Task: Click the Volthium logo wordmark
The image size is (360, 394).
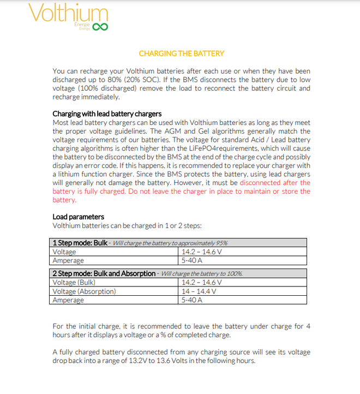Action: pyautogui.click(x=68, y=14)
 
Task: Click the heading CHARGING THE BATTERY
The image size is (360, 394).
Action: pyautogui.click(x=181, y=53)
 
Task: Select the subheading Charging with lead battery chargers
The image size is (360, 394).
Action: pyautogui.click(x=107, y=114)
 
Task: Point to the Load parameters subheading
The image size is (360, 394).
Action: pyautogui.click(x=78, y=217)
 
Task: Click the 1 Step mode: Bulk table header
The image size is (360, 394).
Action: pyautogui.click(x=80, y=243)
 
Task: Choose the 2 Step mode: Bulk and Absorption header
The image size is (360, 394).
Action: pyautogui.click(x=104, y=273)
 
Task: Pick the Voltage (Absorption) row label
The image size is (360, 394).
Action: pyautogui.click(x=85, y=291)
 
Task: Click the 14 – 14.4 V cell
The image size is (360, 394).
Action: pyautogui.click(x=199, y=291)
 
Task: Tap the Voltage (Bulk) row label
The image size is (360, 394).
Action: pyautogui.click(x=74, y=283)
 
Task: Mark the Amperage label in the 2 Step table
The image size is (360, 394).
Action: pyautogui.click(x=68, y=300)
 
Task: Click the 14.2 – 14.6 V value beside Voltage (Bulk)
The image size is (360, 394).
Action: pyautogui.click(x=202, y=283)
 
